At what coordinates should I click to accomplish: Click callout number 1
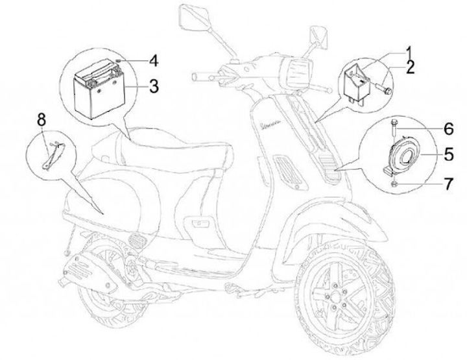(410, 51)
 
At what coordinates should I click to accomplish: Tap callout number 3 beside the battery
(152, 85)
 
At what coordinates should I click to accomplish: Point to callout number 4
(152, 61)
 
